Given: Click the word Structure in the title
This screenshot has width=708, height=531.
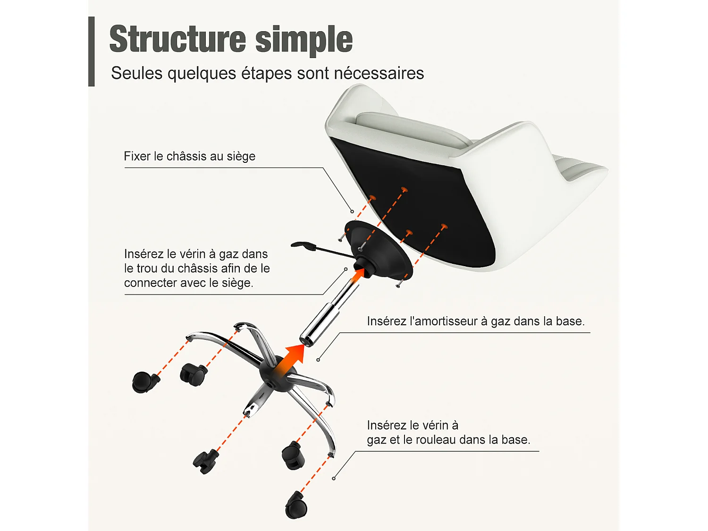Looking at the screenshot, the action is click(177, 39).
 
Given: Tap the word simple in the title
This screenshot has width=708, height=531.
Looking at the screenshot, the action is click(304, 41).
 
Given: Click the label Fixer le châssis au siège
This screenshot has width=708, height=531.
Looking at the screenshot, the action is click(189, 156).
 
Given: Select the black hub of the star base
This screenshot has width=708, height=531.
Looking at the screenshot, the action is click(278, 373).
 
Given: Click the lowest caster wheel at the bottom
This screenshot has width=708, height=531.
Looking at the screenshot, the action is click(296, 505).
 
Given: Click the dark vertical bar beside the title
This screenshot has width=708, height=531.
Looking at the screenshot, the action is click(92, 51).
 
